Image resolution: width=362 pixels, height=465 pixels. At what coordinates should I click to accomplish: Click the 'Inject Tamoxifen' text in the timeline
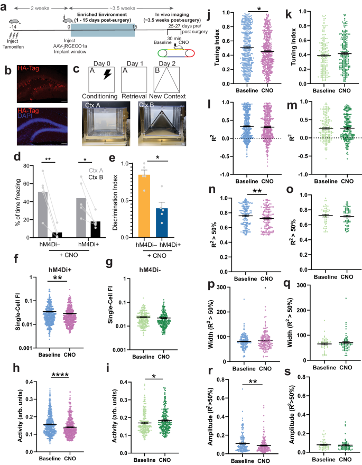pos(11,49)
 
